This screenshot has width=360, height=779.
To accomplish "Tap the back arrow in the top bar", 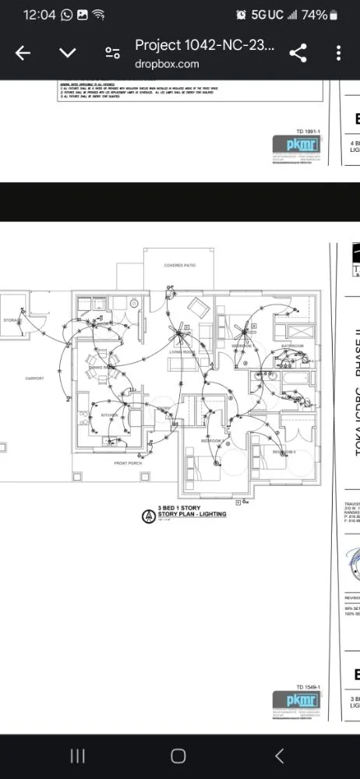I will [x=23, y=53].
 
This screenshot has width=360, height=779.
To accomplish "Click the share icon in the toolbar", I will [x=297, y=53].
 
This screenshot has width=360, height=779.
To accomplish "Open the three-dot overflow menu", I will [x=338, y=53].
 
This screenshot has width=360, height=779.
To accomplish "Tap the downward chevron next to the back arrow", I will [x=68, y=53].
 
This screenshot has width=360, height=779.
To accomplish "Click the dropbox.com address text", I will [x=167, y=65].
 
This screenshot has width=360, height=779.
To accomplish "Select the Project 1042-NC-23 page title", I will [x=204, y=46].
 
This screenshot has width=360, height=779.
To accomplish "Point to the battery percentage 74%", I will [x=314, y=15].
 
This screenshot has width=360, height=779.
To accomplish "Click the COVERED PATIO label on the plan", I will [x=179, y=266].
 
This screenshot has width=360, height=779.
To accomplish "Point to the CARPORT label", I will [x=34, y=379].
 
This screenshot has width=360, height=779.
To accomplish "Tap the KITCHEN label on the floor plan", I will [x=108, y=415].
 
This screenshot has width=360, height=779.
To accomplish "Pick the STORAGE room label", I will [x=12, y=319].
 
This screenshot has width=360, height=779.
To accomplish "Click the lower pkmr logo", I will [x=292, y=700].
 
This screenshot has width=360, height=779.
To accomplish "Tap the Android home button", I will [x=178, y=756].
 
